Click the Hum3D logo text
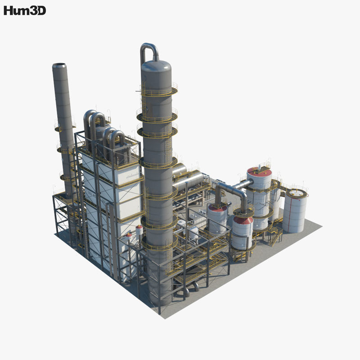click(x=25, y=11)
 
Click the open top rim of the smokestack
click(x=59, y=66)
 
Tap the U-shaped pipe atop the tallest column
click(x=149, y=50)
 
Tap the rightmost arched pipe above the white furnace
click(x=118, y=139)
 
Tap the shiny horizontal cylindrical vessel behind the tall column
click(x=189, y=182)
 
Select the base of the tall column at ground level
click(x=160, y=297)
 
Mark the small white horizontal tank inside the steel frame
click(x=193, y=232)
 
